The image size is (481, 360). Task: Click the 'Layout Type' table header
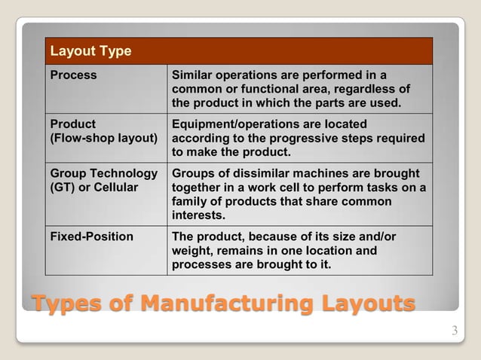tap(90, 51)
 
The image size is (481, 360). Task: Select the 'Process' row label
tap(73, 75)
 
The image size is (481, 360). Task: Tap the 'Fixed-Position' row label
tap(91, 236)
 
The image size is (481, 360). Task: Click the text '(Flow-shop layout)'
tap(103, 139)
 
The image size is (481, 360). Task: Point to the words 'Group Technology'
tap(103, 174)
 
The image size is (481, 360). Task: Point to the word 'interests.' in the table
tap(198, 216)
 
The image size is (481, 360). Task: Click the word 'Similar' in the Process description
tap(195, 75)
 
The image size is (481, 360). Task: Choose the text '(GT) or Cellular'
tap(93, 188)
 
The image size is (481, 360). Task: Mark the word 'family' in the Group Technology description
tap(191, 202)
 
